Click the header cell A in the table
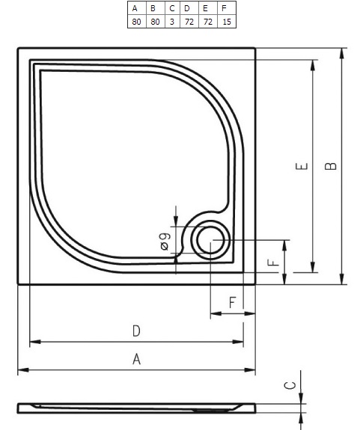point(137,8)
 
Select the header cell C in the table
point(172,8)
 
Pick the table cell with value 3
point(172,22)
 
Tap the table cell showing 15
point(227,22)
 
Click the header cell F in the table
point(227,8)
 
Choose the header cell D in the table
point(189,8)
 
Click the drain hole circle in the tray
point(211,241)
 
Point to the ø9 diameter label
point(165,242)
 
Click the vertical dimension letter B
point(331,166)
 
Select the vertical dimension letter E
point(302,166)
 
